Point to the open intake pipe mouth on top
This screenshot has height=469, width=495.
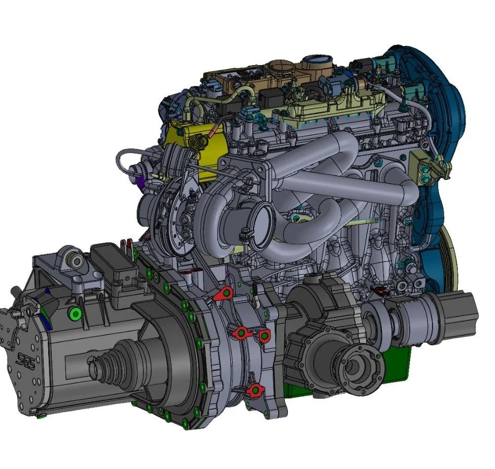pos(317,60)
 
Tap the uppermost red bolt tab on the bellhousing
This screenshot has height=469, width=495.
pos(223,294)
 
